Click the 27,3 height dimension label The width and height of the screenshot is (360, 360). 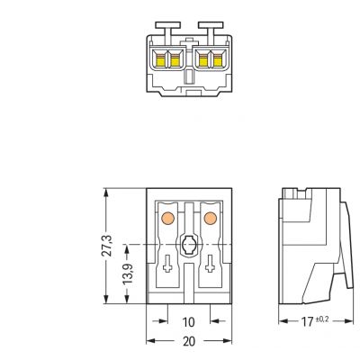107,246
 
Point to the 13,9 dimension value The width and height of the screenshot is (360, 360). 128,274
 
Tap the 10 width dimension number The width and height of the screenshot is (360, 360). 189,322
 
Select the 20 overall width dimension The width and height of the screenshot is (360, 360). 189,341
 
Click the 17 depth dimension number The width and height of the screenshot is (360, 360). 307,322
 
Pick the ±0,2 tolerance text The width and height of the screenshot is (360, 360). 321,319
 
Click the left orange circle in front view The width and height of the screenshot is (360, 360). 167,218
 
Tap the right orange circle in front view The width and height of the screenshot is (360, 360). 210,218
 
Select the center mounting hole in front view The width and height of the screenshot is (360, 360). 189,245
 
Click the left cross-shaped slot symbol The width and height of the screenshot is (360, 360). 167,264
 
